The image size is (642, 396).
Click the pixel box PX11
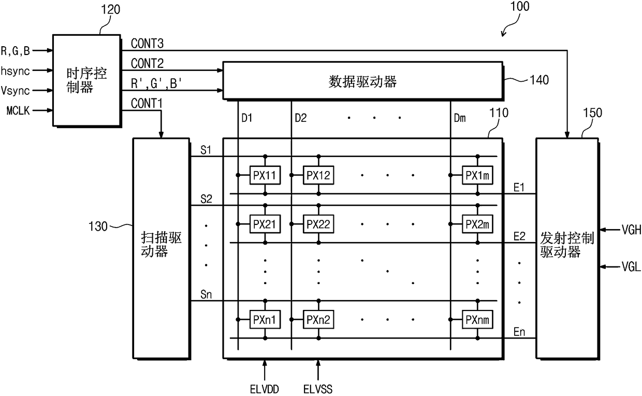pyautogui.click(x=265, y=175)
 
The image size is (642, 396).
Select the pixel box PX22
pyautogui.click(x=318, y=224)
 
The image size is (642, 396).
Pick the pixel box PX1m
pyautogui.click(x=477, y=175)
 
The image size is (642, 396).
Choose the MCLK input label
pyautogui.click(x=18, y=110)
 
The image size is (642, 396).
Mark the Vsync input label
pyautogui.click(x=16, y=90)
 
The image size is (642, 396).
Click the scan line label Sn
pyautogui.click(x=205, y=295)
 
